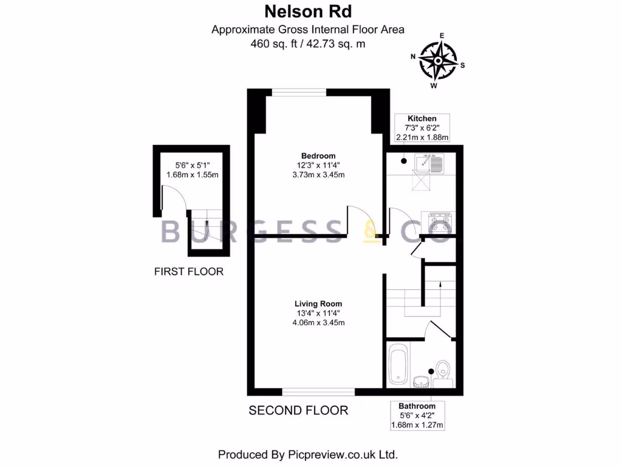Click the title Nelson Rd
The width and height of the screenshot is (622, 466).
(x=307, y=11)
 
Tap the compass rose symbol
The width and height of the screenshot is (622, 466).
(x=438, y=61)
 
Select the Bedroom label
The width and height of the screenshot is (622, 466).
(x=318, y=155)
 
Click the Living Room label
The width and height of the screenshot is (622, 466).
(x=318, y=303)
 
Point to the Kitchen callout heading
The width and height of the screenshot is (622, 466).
(x=422, y=118)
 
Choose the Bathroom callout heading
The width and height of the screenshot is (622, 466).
(x=417, y=406)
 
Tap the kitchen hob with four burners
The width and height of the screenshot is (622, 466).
(x=437, y=221)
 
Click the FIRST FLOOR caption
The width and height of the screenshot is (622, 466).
(x=188, y=271)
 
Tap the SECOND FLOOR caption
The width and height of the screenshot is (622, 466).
(x=298, y=411)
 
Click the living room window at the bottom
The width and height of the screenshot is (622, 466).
(x=318, y=391)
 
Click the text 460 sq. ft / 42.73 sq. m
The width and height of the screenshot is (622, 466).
(x=307, y=44)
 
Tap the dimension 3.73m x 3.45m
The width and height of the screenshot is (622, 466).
(x=318, y=175)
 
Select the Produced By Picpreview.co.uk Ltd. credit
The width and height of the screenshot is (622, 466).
(x=307, y=454)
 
